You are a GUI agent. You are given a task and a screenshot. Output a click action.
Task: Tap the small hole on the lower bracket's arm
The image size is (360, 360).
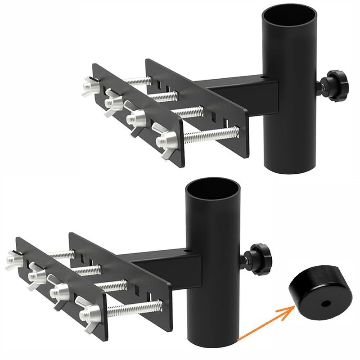[184, 249]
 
